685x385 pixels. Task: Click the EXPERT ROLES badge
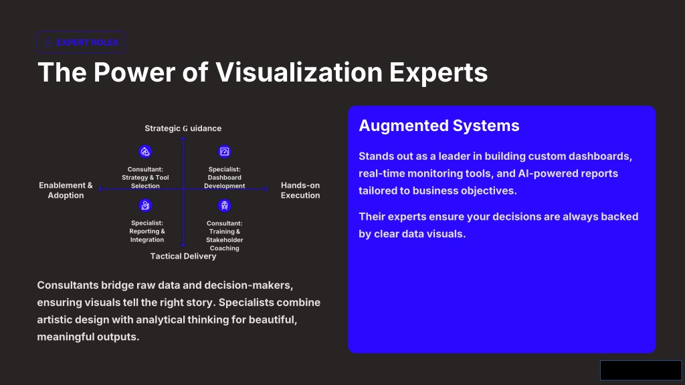[81, 42]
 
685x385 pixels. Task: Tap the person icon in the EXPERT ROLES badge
[48, 42]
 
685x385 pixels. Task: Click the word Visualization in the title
[299, 72]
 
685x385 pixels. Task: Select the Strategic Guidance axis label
[183, 128]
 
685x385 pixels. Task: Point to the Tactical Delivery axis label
[183, 256]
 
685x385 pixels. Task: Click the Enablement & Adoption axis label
[66, 190]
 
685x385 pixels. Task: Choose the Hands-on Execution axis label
[300, 190]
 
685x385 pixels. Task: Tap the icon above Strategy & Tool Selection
[145, 152]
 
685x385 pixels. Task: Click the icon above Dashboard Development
[224, 152]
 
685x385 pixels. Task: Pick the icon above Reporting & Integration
[145, 205]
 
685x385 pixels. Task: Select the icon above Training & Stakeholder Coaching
[224, 205]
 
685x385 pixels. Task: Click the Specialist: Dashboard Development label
[225, 178]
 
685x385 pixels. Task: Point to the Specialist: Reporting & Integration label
[146, 231]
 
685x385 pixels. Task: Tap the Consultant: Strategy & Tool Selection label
[145, 178]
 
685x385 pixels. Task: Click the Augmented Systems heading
[439, 126]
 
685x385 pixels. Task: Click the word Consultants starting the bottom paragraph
[68, 285]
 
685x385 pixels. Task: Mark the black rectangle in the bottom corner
[640, 370]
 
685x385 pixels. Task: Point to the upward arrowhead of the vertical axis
[183, 139]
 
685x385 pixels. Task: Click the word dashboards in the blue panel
[604, 156]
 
